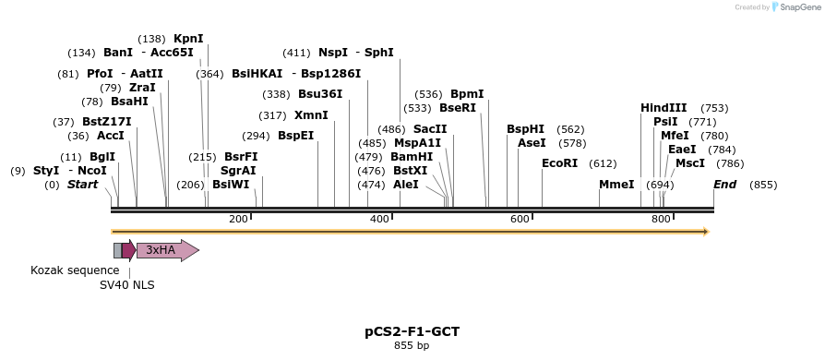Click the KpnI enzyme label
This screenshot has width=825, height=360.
click(188, 39)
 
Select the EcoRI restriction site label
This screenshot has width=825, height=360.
click(559, 163)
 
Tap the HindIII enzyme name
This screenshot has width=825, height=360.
click(664, 108)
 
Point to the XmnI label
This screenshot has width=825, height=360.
click(311, 115)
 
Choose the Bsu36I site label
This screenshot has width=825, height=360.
click(320, 94)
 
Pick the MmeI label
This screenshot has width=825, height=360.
click(616, 185)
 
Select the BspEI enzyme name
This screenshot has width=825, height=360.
click(295, 136)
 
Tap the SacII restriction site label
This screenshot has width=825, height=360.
click(430, 129)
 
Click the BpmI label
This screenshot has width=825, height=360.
click(467, 94)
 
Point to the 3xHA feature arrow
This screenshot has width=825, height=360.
click(167, 250)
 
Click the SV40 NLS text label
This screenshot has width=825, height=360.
click(127, 285)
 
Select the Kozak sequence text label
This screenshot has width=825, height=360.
click(75, 270)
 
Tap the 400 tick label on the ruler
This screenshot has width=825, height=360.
click(379, 219)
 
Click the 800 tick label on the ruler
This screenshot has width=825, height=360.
click(661, 219)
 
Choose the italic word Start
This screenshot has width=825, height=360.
click(82, 185)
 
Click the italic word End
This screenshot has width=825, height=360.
click(725, 185)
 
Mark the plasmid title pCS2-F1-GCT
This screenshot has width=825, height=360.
click(412, 330)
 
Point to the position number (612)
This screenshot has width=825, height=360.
click(603, 163)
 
